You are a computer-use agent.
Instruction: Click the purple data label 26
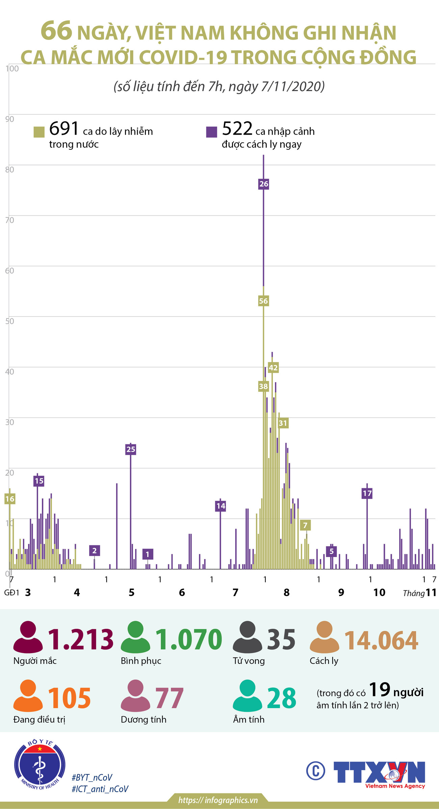pos(264,184)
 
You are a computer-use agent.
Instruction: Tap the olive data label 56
pos(263,301)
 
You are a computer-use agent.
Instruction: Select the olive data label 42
pos(273,368)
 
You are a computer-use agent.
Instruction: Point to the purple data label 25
pos(131,449)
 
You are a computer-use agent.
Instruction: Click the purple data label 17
pos(367,493)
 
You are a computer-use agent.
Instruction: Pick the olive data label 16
pos(10,499)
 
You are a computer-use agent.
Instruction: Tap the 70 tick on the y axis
pos(10,220)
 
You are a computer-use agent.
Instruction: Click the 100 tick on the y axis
pos(12,68)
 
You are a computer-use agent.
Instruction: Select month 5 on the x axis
pos(132,592)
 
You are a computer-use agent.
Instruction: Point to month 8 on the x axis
pos(287,592)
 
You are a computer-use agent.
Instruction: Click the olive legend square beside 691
pos(39,132)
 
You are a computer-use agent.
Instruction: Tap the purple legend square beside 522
pos(212,132)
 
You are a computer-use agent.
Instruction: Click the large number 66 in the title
pos(56,31)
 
